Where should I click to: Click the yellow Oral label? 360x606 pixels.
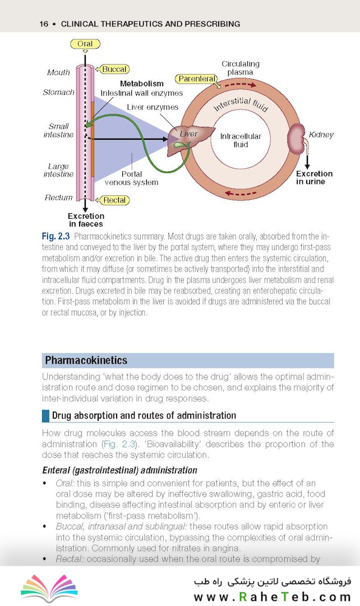85,44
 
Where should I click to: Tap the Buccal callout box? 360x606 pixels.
113,69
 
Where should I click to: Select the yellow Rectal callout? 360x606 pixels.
113,200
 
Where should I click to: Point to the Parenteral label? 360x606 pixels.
197,79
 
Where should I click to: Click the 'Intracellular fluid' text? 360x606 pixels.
241,140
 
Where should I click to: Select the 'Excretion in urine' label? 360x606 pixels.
314,177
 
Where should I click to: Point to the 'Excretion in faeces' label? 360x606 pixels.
86,220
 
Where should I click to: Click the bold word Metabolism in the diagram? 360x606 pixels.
142,84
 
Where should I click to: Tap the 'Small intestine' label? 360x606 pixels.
58,130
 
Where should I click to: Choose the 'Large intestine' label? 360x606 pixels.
58,170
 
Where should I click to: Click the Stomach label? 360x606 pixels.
58,92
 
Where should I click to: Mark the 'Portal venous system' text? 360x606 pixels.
132,178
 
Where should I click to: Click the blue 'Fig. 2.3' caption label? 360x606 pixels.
56,236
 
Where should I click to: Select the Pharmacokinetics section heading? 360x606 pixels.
86,360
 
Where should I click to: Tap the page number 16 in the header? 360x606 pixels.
44,24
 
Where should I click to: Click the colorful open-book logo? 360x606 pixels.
49,588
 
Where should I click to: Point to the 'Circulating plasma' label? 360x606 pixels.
240,68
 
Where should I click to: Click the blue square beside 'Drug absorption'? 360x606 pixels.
45,415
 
